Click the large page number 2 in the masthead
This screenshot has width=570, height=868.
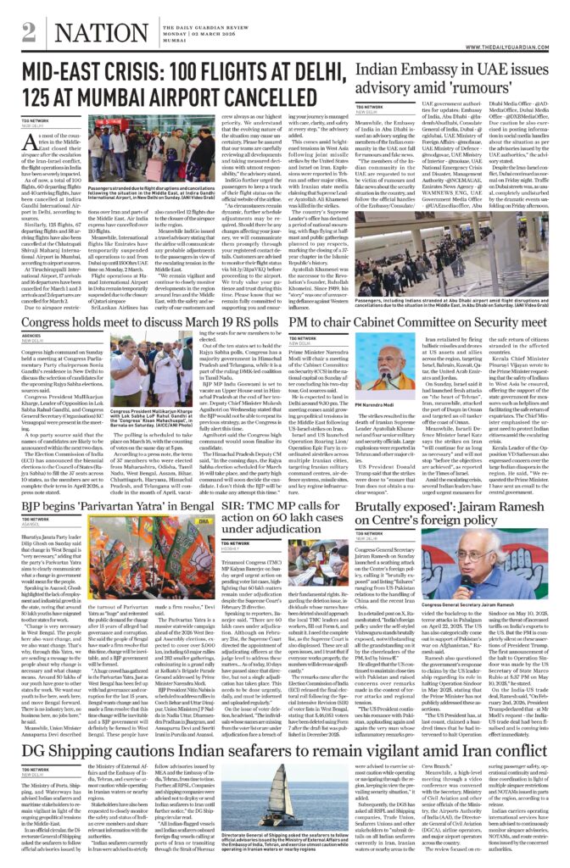click(29, 31)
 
